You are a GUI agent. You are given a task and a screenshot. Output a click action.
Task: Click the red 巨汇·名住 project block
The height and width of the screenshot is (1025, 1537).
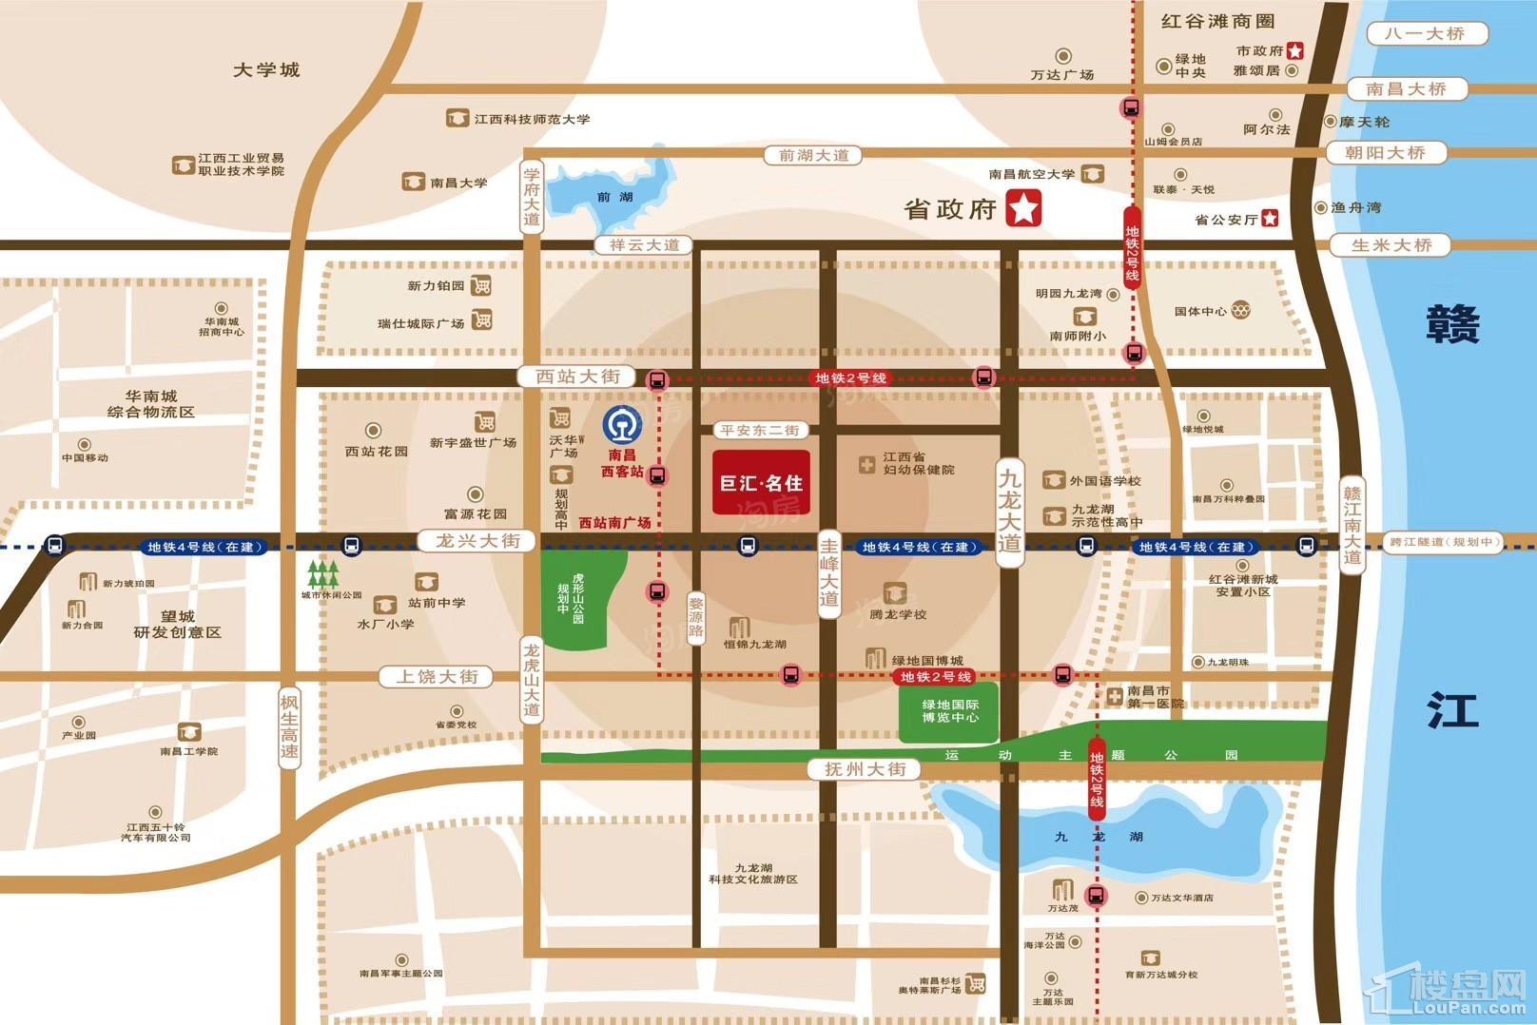pyautogui.click(x=761, y=482)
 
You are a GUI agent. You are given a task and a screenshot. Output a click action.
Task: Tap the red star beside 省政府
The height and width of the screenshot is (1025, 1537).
pyautogui.click(x=1023, y=208)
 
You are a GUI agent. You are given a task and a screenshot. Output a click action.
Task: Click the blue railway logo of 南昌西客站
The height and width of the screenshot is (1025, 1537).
pyautogui.click(x=623, y=424)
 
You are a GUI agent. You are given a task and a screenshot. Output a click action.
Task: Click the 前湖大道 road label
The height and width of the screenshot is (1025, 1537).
pyautogui.click(x=813, y=155)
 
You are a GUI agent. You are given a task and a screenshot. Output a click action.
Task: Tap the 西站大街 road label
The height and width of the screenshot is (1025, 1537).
pyautogui.click(x=577, y=377)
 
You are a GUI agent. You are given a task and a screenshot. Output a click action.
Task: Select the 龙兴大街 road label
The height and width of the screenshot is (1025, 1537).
pyautogui.click(x=477, y=541)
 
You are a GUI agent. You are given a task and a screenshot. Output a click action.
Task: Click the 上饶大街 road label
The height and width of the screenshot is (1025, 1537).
pyautogui.click(x=437, y=677)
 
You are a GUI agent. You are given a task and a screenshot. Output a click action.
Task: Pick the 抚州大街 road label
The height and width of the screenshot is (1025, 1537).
pyautogui.click(x=865, y=768)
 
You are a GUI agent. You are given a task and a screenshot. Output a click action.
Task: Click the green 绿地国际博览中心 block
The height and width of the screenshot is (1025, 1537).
pyautogui.click(x=948, y=711)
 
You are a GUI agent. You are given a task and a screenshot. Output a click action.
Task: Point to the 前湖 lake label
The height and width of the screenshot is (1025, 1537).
pyautogui.click(x=615, y=197)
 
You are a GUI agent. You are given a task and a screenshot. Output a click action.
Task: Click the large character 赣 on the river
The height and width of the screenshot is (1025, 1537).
pyautogui.click(x=1452, y=324)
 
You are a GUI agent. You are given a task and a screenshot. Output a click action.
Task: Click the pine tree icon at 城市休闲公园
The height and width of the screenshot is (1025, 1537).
pyautogui.click(x=323, y=573)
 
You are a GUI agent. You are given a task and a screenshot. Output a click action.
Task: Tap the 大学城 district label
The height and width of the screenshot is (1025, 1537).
pyautogui.click(x=266, y=69)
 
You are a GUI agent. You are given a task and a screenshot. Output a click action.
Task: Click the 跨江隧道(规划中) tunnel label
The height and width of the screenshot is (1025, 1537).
pyautogui.click(x=1443, y=542)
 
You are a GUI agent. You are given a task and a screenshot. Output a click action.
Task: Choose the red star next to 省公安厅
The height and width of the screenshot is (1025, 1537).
pyautogui.click(x=1270, y=219)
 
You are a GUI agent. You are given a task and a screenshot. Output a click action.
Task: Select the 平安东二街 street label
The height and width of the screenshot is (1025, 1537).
pyautogui.click(x=760, y=430)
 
